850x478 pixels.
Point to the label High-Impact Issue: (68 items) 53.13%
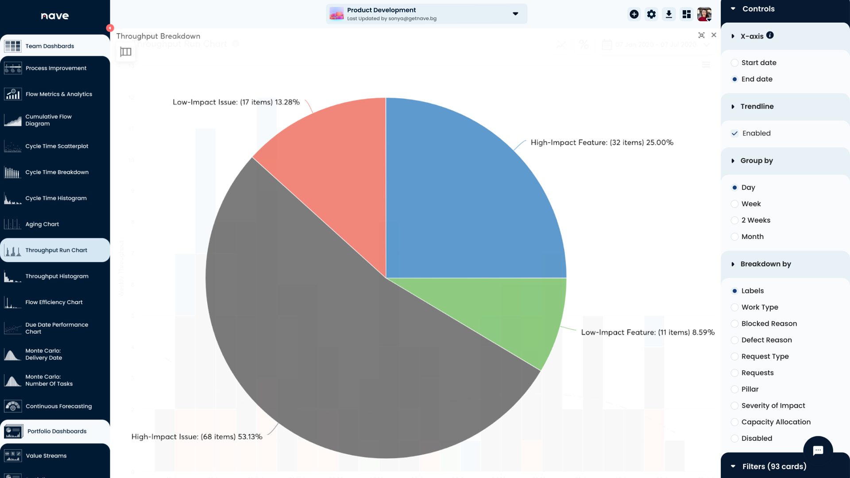(197, 437)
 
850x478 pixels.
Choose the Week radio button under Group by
(734, 204)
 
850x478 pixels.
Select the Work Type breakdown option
(734, 307)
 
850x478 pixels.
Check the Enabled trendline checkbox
(734, 133)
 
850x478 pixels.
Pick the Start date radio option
(734, 63)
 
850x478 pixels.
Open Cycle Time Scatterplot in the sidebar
(57, 146)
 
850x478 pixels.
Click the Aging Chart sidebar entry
(42, 224)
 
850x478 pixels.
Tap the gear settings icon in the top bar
(651, 14)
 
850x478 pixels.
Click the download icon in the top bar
(669, 14)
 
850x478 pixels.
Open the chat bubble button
(818, 451)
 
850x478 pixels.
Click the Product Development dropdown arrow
(515, 14)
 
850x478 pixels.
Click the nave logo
(55, 16)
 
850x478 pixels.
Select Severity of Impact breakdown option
(734, 406)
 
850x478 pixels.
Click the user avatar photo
(704, 14)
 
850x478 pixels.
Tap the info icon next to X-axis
(770, 35)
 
